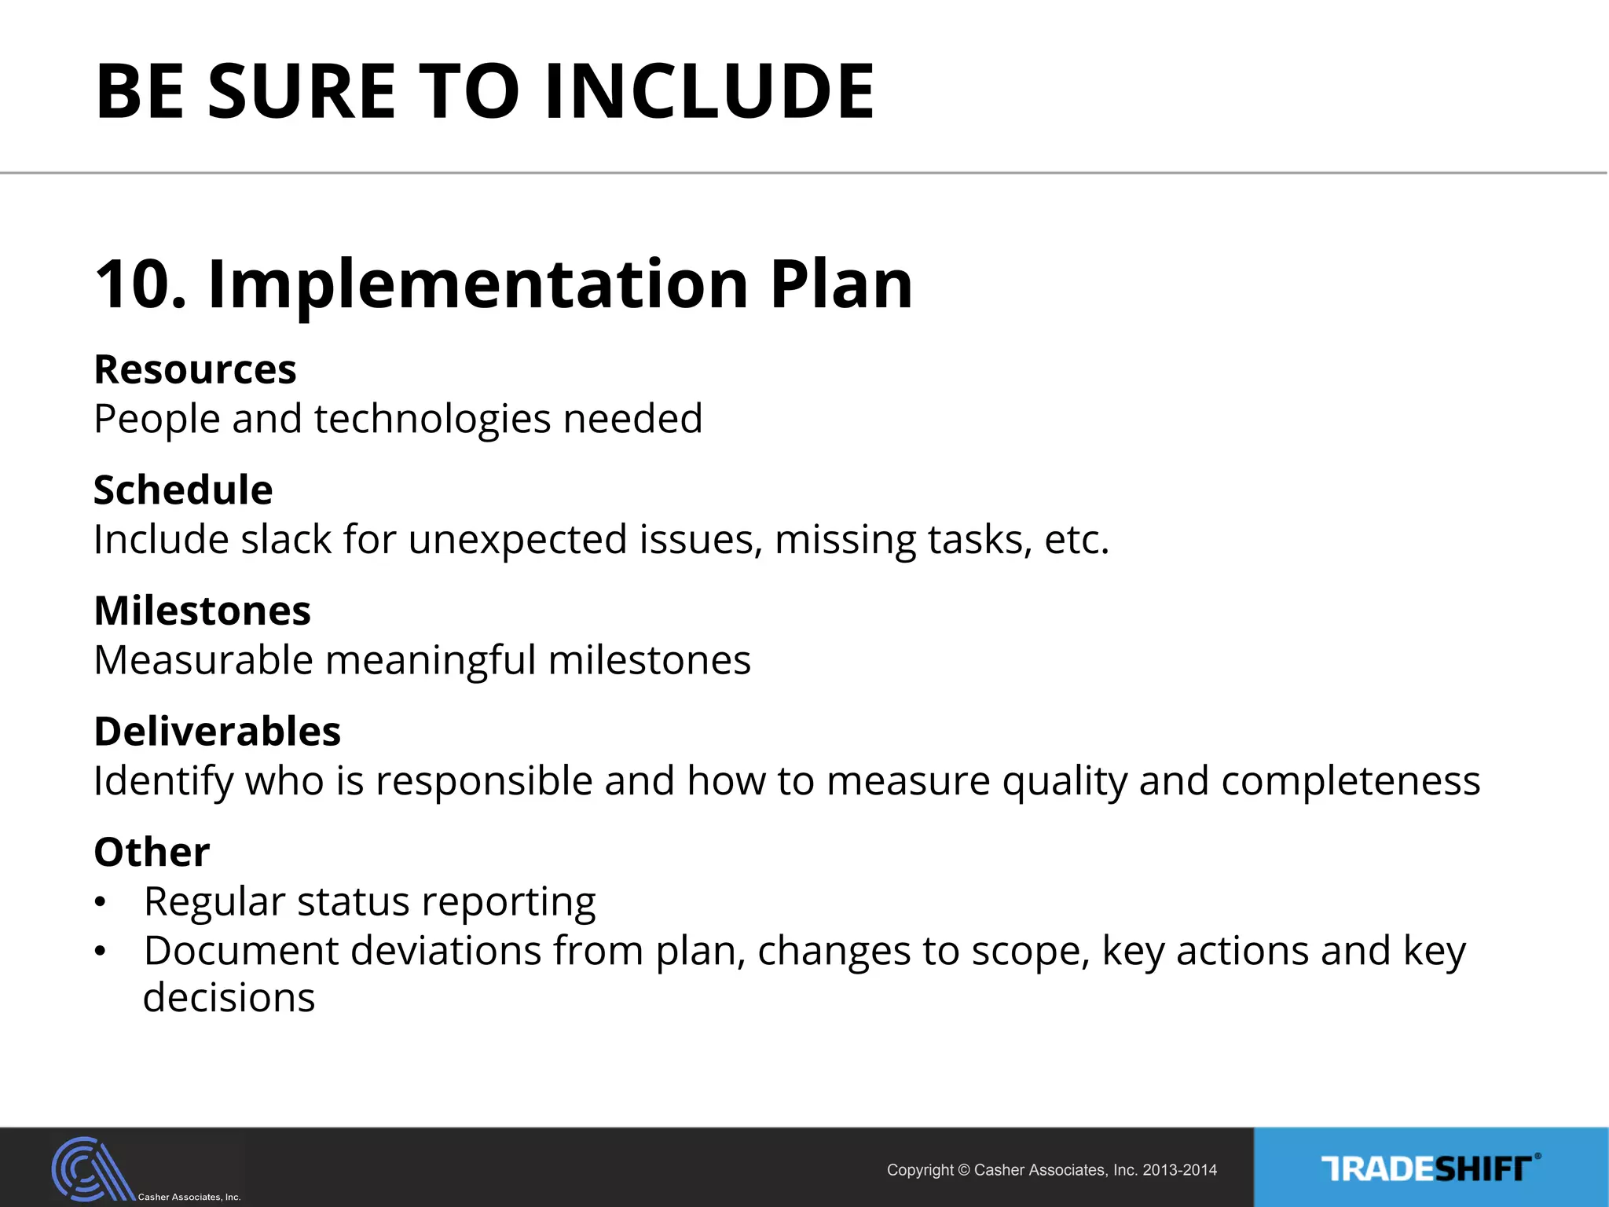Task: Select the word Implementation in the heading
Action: pyautogui.click(x=478, y=284)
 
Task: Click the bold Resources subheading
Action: pyautogui.click(x=195, y=369)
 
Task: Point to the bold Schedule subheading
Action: pyautogui.click(x=183, y=490)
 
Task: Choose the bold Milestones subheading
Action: pyautogui.click(x=202, y=611)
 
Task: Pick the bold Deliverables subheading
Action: pyautogui.click(x=217, y=732)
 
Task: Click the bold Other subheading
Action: pyautogui.click(x=152, y=852)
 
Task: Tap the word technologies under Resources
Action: pyautogui.click(x=432, y=419)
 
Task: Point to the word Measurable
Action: pyautogui.click(x=203, y=660)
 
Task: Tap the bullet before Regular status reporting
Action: pyautogui.click(x=100, y=903)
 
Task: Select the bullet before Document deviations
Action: pyautogui.click(x=100, y=952)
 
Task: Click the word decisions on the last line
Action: pyautogui.click(x=229, y=998)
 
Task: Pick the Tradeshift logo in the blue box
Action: pyautogui.click(x=1430, y=1168)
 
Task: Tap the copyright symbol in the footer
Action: pyautogui.click(x=964, y=1170)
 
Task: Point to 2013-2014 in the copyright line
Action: pyautogui.click(x=1179, y=1170)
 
